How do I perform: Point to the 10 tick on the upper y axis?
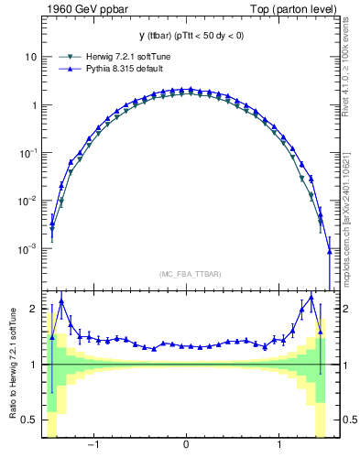pos(31,57)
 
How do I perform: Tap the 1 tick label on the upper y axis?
pos(34,104)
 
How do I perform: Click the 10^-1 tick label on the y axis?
pos(28,153)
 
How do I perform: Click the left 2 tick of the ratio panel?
pos(34,310)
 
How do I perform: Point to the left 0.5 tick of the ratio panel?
pos(30,420)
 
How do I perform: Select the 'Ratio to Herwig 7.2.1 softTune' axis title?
pos(11,364)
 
